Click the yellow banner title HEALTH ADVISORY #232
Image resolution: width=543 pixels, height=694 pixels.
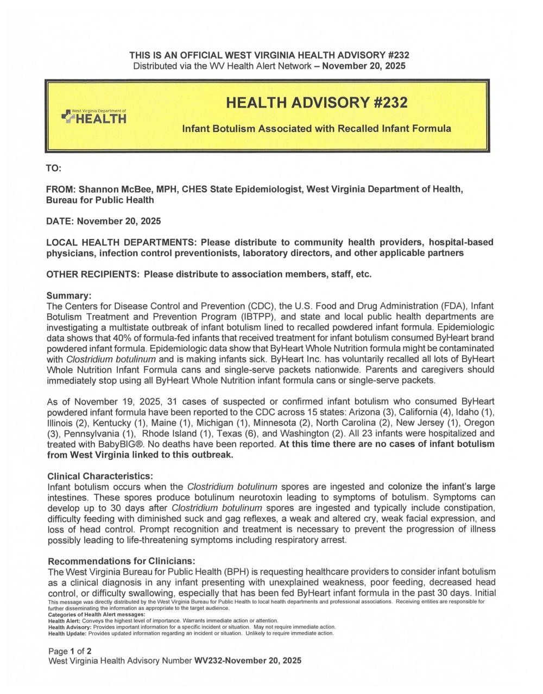316,103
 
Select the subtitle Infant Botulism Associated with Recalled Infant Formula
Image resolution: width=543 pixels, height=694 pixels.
316,129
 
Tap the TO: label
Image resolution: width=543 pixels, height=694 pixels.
54,168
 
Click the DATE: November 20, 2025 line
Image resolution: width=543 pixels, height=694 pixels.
104,221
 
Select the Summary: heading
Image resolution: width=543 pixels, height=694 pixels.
69,296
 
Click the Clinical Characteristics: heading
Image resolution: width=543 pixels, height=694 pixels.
100,476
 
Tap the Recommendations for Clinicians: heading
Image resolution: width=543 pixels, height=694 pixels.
121,561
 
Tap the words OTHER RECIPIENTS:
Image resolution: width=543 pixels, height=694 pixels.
93,274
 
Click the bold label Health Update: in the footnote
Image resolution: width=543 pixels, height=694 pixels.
67,633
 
